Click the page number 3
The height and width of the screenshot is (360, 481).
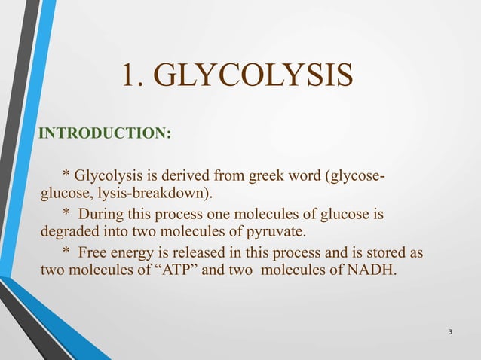[450, 333]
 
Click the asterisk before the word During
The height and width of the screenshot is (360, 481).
[66, 215]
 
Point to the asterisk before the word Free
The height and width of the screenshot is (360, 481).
[66, 252]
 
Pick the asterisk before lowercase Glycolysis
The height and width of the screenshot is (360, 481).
[66, 178]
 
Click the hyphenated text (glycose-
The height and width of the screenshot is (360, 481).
[351, 178]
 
